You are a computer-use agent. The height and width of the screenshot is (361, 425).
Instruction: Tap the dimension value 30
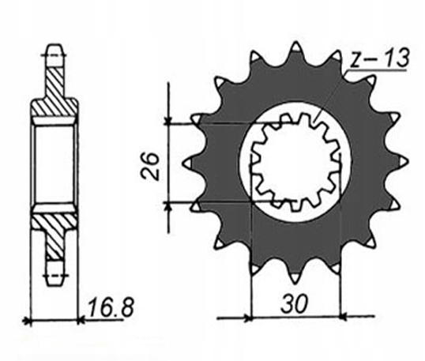290,303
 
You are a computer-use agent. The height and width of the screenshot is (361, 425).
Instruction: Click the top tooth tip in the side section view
55,48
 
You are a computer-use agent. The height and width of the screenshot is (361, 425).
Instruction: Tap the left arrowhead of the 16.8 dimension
30,320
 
